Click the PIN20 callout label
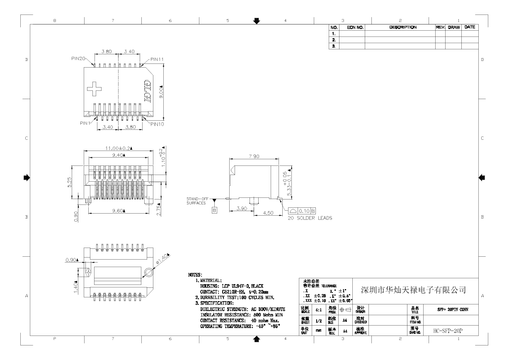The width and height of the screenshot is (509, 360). [x=78, y=59]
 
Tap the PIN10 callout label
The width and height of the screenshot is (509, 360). [x=158, y=124]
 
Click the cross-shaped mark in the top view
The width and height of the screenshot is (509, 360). [x=95, y=88]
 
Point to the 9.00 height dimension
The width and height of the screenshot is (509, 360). [x=162, y=91]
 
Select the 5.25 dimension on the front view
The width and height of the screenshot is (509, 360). [x=70, y=182]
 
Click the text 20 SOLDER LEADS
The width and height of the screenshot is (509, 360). [x=310, y=218]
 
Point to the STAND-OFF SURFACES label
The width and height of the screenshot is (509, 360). [x=196, y=201]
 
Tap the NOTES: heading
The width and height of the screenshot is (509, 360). [x=195, y=275]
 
